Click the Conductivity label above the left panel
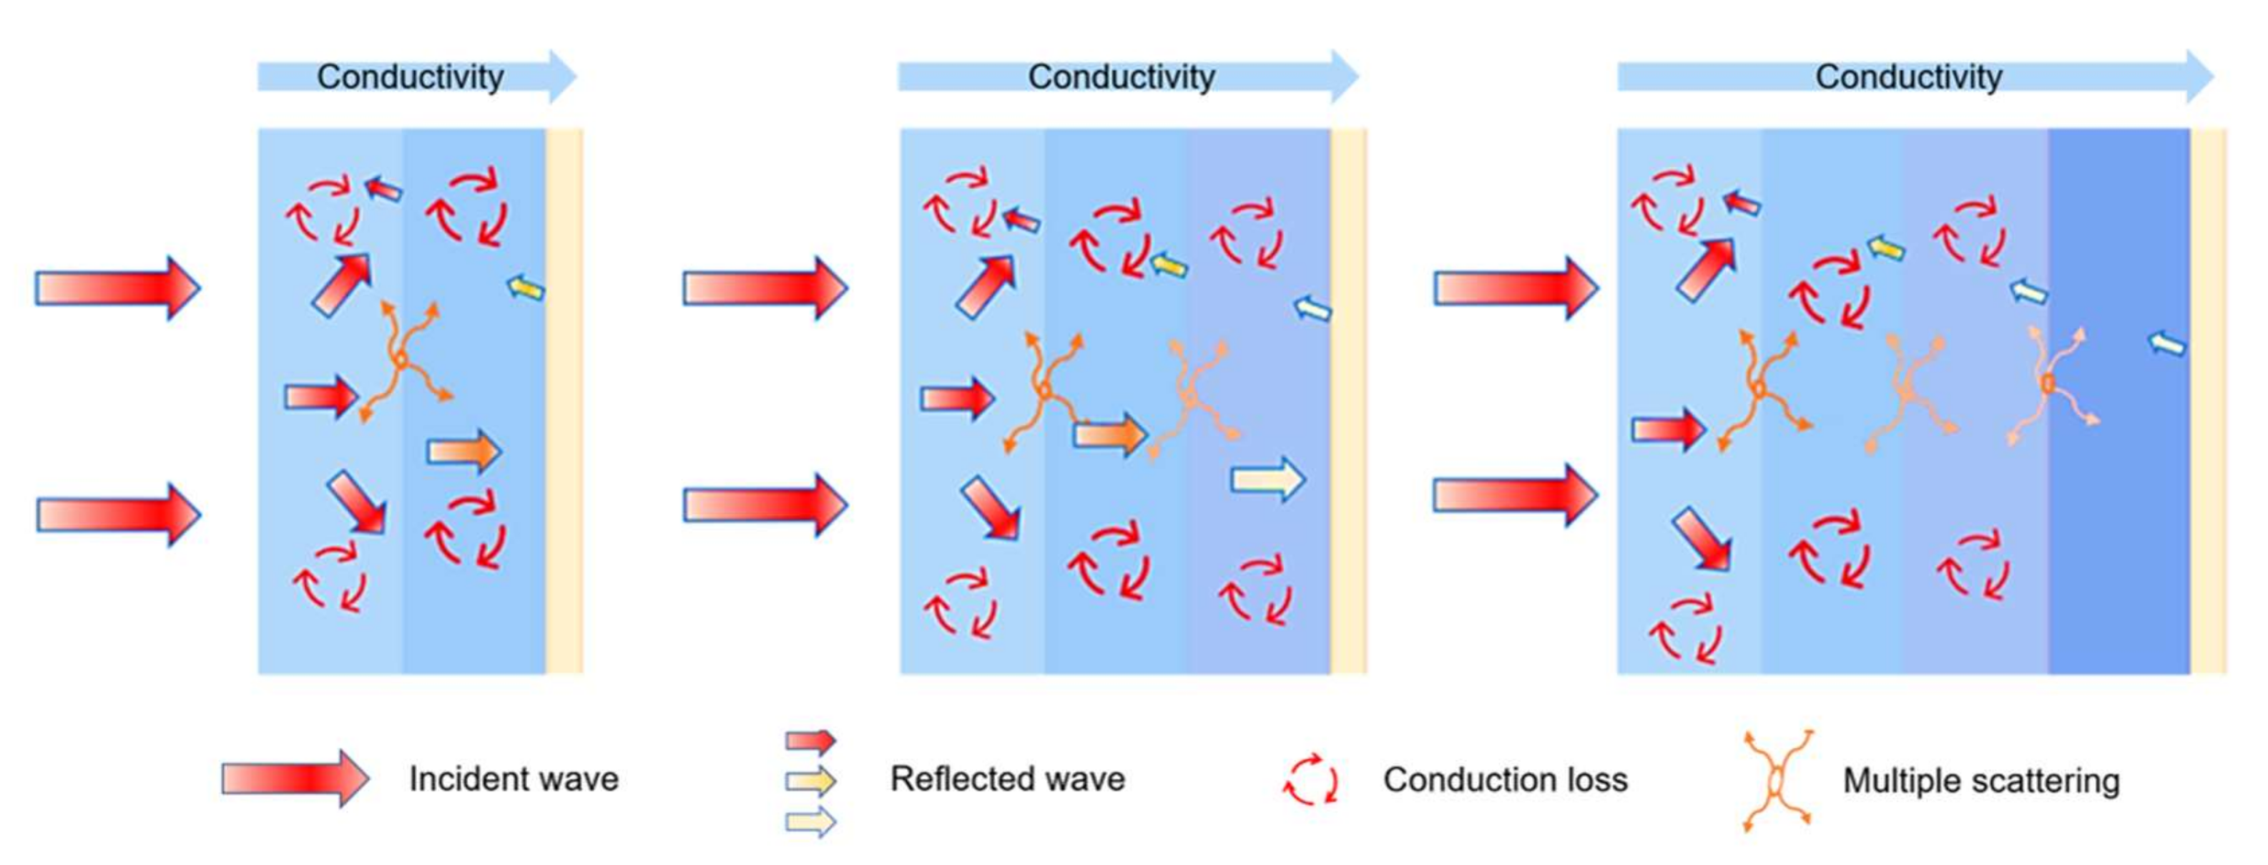click(x=411, y=77)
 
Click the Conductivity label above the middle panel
click(x=1121, y=77)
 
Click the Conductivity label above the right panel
click(x=1908, y=77)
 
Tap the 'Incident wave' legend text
click(x=514, y=778)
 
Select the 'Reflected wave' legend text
click(x=1007, y=778)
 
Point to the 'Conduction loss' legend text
click(x=1505, y=780)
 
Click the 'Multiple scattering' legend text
click(x=1981, y=781)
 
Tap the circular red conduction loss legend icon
click(x=1311, y=780)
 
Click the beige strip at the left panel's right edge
click(x=564, y=401)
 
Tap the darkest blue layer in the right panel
click(x=2118, y=493)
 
